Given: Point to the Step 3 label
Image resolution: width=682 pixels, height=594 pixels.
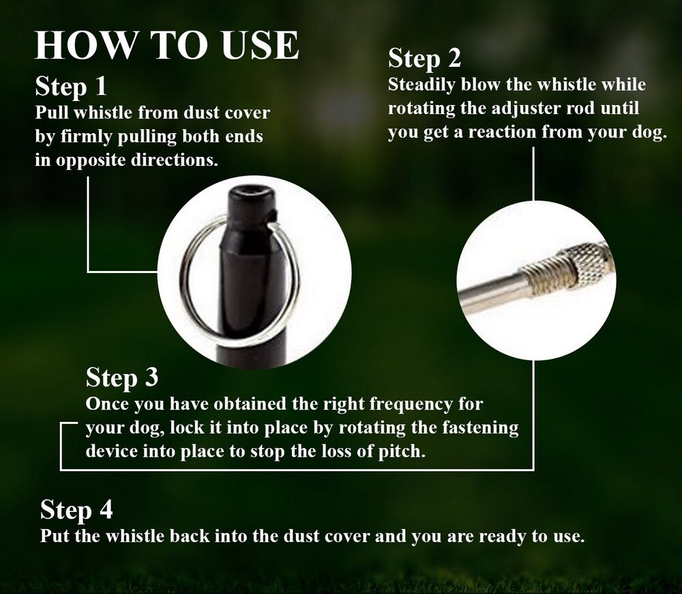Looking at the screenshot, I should point(122,377).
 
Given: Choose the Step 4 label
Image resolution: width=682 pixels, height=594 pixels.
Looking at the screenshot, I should point(76,509).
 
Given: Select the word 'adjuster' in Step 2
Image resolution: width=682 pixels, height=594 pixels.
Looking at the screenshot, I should point(517,109).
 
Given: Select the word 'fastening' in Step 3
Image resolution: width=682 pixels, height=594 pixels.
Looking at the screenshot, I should point(479,428).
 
